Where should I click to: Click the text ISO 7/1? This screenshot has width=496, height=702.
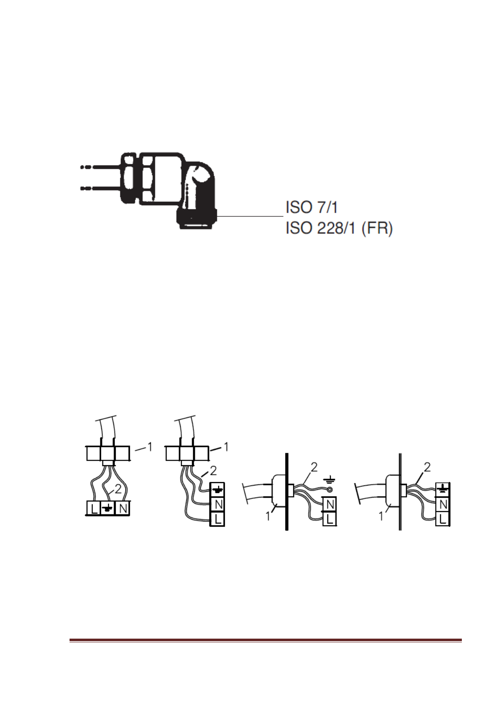pos(312,208)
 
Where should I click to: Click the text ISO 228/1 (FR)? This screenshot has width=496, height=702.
pos(339,229)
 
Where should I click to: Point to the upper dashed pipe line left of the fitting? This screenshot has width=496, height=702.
pos(100,167)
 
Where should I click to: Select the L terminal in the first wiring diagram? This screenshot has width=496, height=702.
pos(94,508)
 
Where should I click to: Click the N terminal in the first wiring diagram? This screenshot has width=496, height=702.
pos(122,508)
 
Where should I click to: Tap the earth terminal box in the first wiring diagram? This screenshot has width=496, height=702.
pos(108,508)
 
